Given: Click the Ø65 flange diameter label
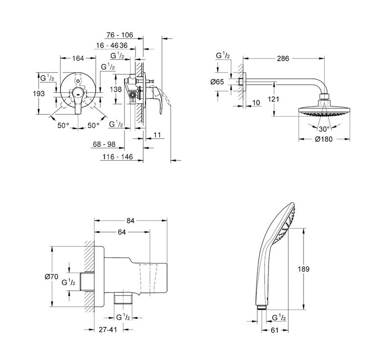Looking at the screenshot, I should tap(218, 82).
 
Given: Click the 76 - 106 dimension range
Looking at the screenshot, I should tap(119, 35).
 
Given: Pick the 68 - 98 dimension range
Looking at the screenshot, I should tap(105, 144).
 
